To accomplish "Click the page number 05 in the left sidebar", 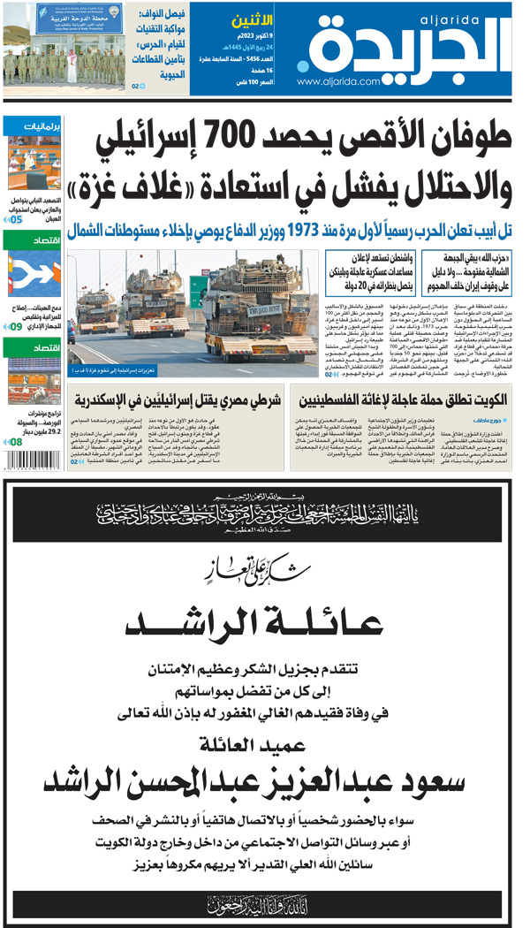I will (17, 218).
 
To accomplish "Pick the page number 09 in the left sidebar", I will (17, 329).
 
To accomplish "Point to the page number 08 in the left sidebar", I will (17, 442).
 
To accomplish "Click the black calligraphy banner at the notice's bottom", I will (264, 902).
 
